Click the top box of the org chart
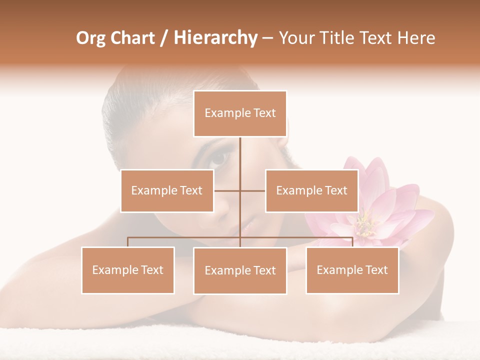(x=240, y=113)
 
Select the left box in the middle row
(x=167, y=190)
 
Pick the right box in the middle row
(x=311, y=190)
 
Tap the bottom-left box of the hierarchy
(x=128, y=270)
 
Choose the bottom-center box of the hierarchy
(x=240, y=270)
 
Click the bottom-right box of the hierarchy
(x=352, y=270)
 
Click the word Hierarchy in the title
(x=215, y=38)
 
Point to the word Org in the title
(x=91, y=38)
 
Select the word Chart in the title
(x=132, y=38)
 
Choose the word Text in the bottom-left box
(x=151, y=270)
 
